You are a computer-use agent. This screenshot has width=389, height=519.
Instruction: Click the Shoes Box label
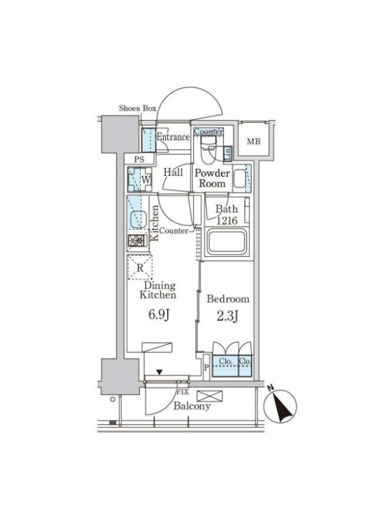(x=137, y=108)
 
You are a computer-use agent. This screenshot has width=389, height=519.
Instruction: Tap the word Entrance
(x=173, y=137)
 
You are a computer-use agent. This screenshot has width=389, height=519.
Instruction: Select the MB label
(x=253, y=141)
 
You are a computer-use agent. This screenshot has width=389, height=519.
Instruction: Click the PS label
(x=139, y=160)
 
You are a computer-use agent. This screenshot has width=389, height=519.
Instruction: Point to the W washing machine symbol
(x=139, y=180)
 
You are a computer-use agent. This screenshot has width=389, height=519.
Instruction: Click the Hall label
(x=173, y=172)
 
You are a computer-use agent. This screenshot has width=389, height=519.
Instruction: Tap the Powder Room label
(x=212, y=178)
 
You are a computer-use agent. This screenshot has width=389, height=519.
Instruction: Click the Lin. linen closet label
(x=228, y=154)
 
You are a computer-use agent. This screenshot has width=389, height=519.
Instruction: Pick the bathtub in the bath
(x=226, y=243)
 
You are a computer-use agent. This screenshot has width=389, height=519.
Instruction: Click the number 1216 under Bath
(x=227, y=221)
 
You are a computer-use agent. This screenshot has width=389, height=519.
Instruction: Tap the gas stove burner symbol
(x=137, y=241)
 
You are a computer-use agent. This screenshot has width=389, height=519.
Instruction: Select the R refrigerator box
(x=140, y=267)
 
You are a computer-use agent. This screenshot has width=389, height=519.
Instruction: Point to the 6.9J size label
(x=159, y=315)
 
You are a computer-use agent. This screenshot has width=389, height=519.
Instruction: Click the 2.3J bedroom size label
(x=228, y=317)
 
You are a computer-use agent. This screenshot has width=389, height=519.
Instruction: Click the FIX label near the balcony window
(x=182, y=392)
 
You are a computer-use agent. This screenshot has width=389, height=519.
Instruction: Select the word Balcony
(x=192, y=406)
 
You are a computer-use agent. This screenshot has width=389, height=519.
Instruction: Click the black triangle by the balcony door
(x=159, y=372)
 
